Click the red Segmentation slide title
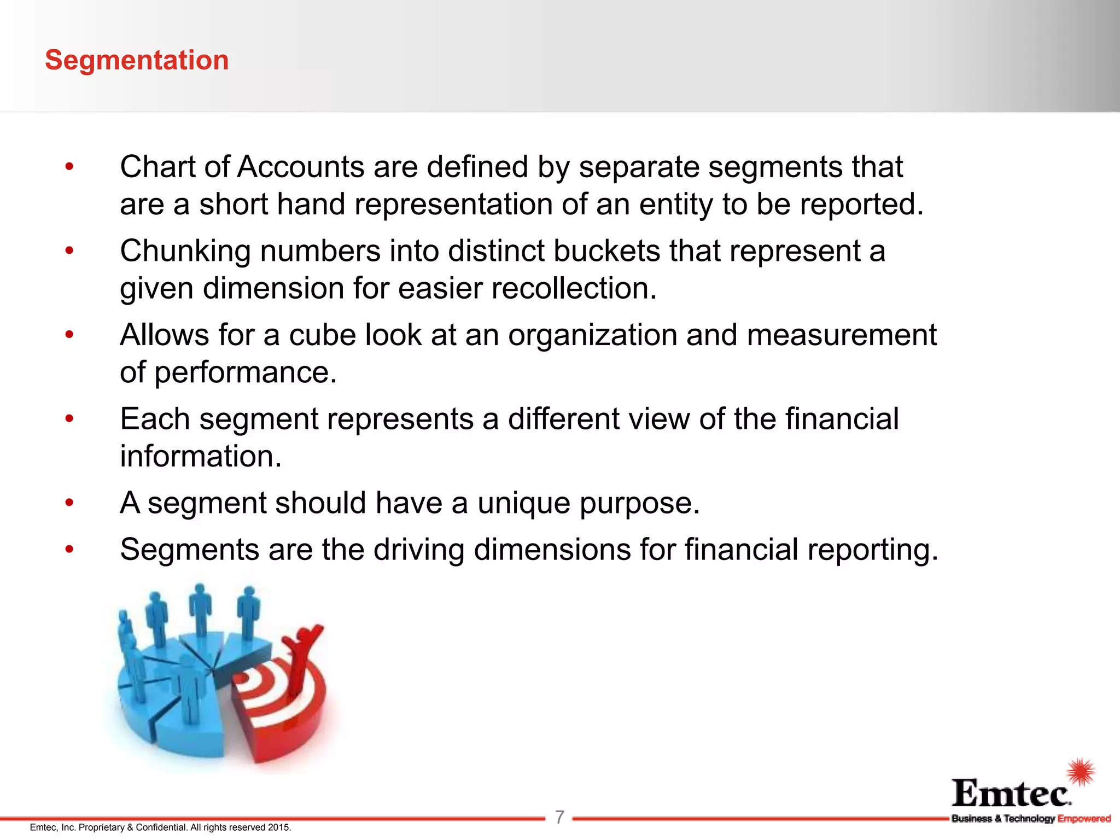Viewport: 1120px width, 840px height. (137, 60)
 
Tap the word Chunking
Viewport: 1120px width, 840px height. (185, 252)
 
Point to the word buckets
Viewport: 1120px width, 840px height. (606, 252)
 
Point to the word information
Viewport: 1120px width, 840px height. (201, 457)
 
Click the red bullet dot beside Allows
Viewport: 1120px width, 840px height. (69, 334)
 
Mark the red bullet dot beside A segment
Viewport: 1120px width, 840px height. (69, 502)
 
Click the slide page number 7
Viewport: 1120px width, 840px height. (559, 817)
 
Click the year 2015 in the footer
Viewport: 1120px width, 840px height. (279, 827)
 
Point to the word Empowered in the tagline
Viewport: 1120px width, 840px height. (1084, 819)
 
